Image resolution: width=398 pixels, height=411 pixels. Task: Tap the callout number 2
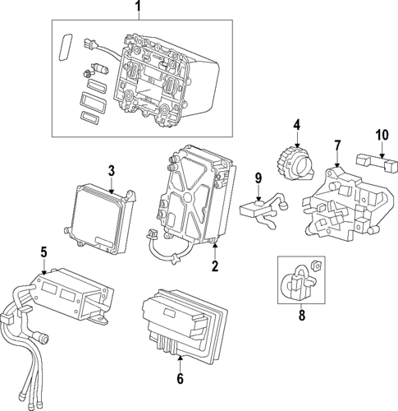click(215, 266)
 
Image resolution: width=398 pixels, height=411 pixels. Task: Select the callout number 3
click(112, 170)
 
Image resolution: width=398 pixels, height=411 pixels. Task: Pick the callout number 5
click(43, 252)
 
